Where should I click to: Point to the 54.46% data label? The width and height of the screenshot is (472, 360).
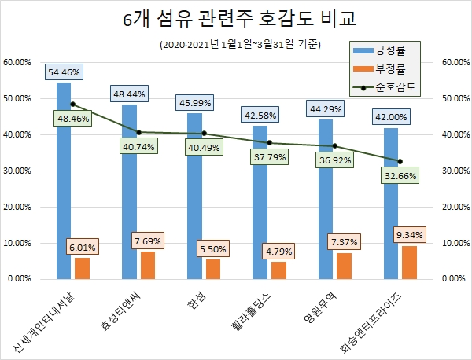(x=64, y=72)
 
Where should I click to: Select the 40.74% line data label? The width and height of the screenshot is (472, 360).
(x=139, y=145)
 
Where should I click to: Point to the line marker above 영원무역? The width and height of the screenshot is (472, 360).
(x=334, y=145)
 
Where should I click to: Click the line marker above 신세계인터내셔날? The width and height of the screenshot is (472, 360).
(x=73, y=104)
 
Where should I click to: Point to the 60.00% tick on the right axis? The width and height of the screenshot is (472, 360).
(x=458, y=62)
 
